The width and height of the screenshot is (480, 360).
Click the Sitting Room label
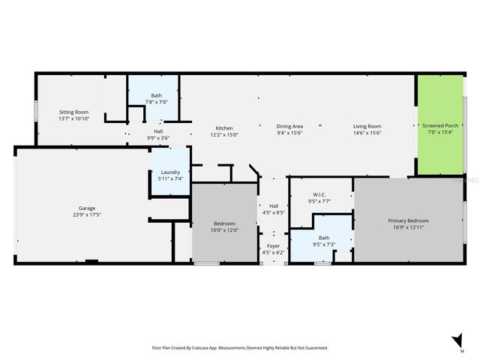[73, 112]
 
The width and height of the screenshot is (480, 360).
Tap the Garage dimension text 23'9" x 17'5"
[87, 215]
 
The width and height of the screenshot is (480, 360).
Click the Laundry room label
[170, 172]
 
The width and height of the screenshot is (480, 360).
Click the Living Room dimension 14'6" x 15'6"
[367, 133]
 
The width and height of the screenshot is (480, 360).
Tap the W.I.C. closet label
[320, 194]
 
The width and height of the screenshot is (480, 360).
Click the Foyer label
[273, 245]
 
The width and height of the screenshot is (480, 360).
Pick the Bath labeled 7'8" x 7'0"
[156, 95]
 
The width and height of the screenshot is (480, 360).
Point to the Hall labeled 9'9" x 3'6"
[158, 131]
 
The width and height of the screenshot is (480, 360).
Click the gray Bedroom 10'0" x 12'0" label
[224, 223]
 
